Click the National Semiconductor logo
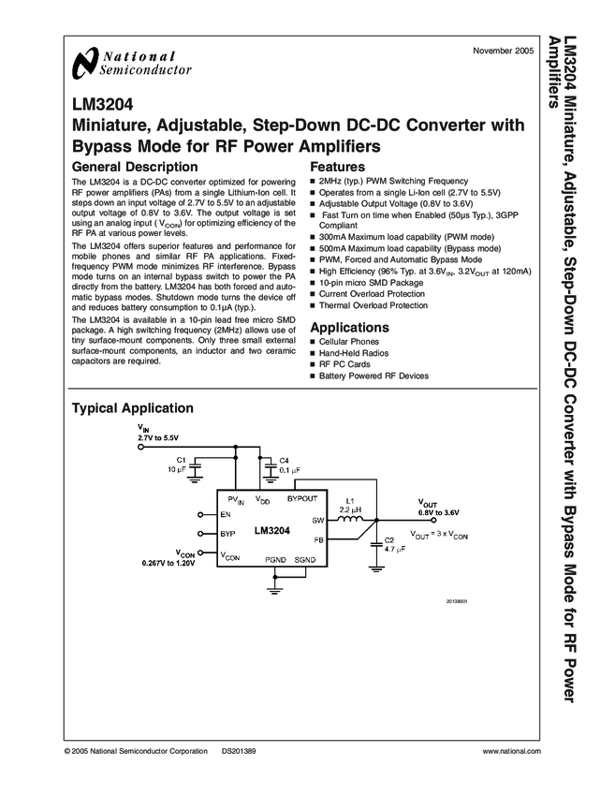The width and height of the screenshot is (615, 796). point(131,62)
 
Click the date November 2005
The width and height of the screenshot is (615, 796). point(504,49)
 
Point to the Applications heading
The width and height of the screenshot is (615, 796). point(349,328)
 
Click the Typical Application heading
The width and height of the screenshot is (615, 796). point(133,408)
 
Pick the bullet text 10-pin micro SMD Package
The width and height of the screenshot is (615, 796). point(371,282)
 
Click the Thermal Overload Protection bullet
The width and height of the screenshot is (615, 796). point(373,305)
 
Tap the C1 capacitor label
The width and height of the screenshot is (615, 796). point(182,460)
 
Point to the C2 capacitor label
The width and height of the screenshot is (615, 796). point(389,541)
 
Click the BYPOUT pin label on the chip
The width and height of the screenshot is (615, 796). point(302,500)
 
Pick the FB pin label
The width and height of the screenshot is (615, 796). point(318,539)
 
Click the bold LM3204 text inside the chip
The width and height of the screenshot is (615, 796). point(271,530)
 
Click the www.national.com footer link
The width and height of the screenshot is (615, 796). point(513,752)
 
